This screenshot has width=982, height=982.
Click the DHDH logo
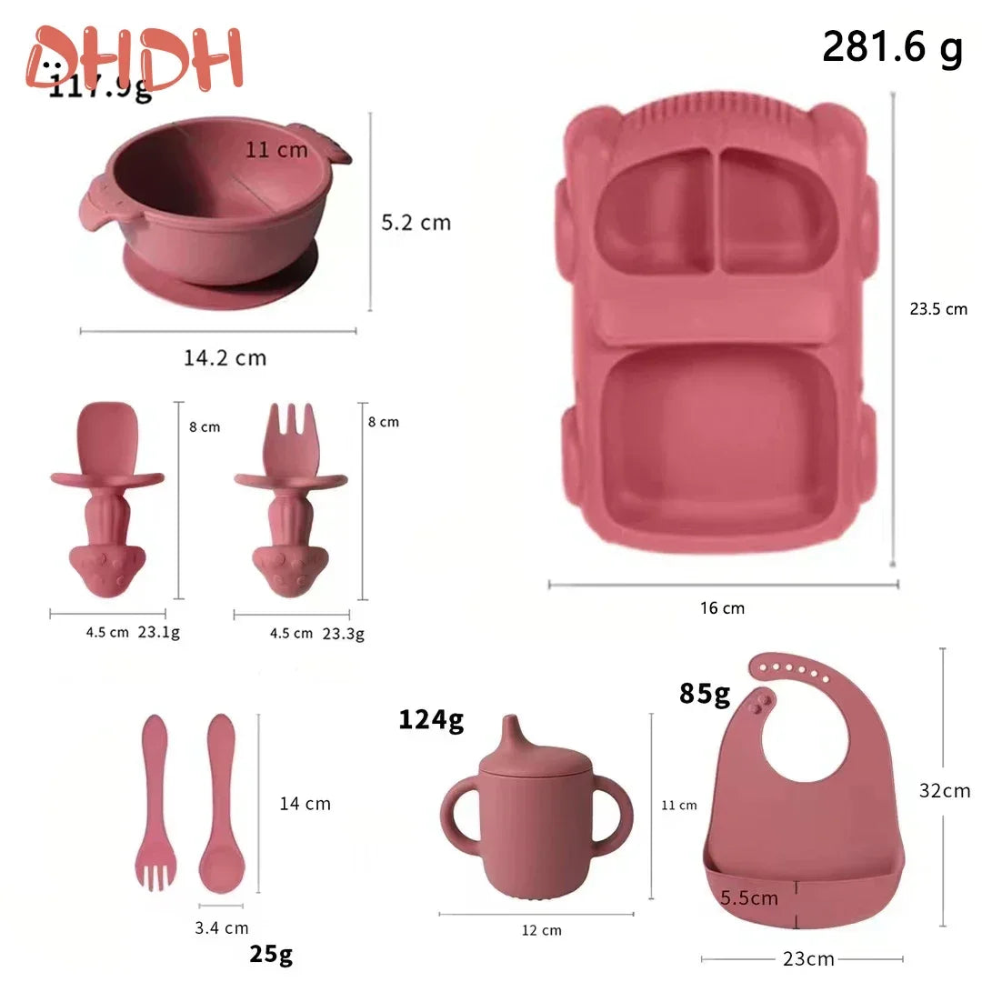point(135,58)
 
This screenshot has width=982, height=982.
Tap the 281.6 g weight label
point(891,47)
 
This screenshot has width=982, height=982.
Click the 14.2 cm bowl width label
point(225,357)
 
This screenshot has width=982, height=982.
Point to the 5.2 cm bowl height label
point(416,223)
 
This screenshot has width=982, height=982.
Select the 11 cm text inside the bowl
point(276,150)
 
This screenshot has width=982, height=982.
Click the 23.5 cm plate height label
point(938,309)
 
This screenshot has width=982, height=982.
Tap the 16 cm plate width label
point(722,608)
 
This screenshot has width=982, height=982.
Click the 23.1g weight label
point(158,633)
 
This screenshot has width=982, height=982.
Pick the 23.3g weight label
point(343,634)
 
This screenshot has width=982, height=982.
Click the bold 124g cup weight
point(431,719)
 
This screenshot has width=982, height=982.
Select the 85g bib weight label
point(705,694)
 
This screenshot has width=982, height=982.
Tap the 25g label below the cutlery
point(271,954)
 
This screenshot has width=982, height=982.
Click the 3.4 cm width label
point(221,928)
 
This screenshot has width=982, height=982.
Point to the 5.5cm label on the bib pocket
point(749,898)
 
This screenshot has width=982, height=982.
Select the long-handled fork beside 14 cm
point(155,800)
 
